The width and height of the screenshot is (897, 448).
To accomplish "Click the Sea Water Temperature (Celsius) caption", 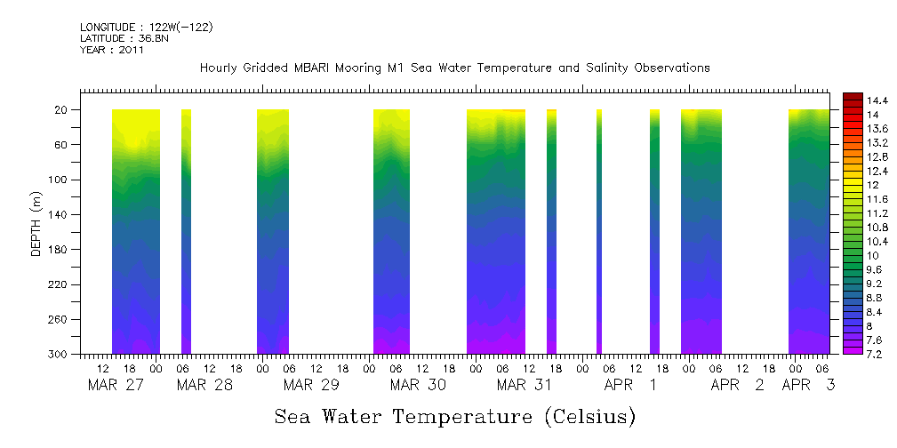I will pyautogui.click(x=454, y=416).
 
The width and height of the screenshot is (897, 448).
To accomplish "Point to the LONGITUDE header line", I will pyautogui.click(x=146, y=28).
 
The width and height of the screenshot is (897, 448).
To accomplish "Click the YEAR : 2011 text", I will pyautogui.click(x=111, y=50).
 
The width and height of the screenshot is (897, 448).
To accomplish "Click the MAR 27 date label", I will pyautogui.click(x=116, y=385).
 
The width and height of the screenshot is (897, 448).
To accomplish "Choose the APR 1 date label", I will pyautogui.click(x=630, y=385).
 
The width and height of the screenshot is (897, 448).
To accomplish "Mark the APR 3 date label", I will pyautogui.click(x=808, y=385).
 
